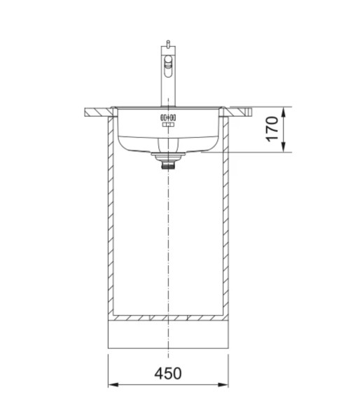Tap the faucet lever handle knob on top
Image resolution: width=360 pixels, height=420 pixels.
click(x=167, y=43)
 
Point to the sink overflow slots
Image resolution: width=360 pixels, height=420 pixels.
click(x=168, y=117)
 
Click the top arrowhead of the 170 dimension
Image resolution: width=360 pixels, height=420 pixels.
click(x=283, y=111)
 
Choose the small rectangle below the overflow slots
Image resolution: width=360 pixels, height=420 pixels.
click(x=167, y=125)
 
